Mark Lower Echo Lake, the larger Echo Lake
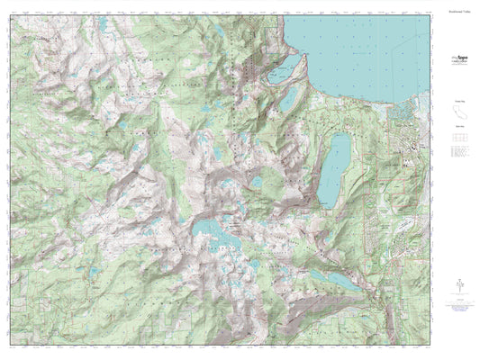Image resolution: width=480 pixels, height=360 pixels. click(341, 280)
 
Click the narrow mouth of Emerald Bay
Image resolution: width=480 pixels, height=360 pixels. click(297, 56)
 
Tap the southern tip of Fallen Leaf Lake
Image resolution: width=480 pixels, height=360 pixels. click(322, 203)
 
